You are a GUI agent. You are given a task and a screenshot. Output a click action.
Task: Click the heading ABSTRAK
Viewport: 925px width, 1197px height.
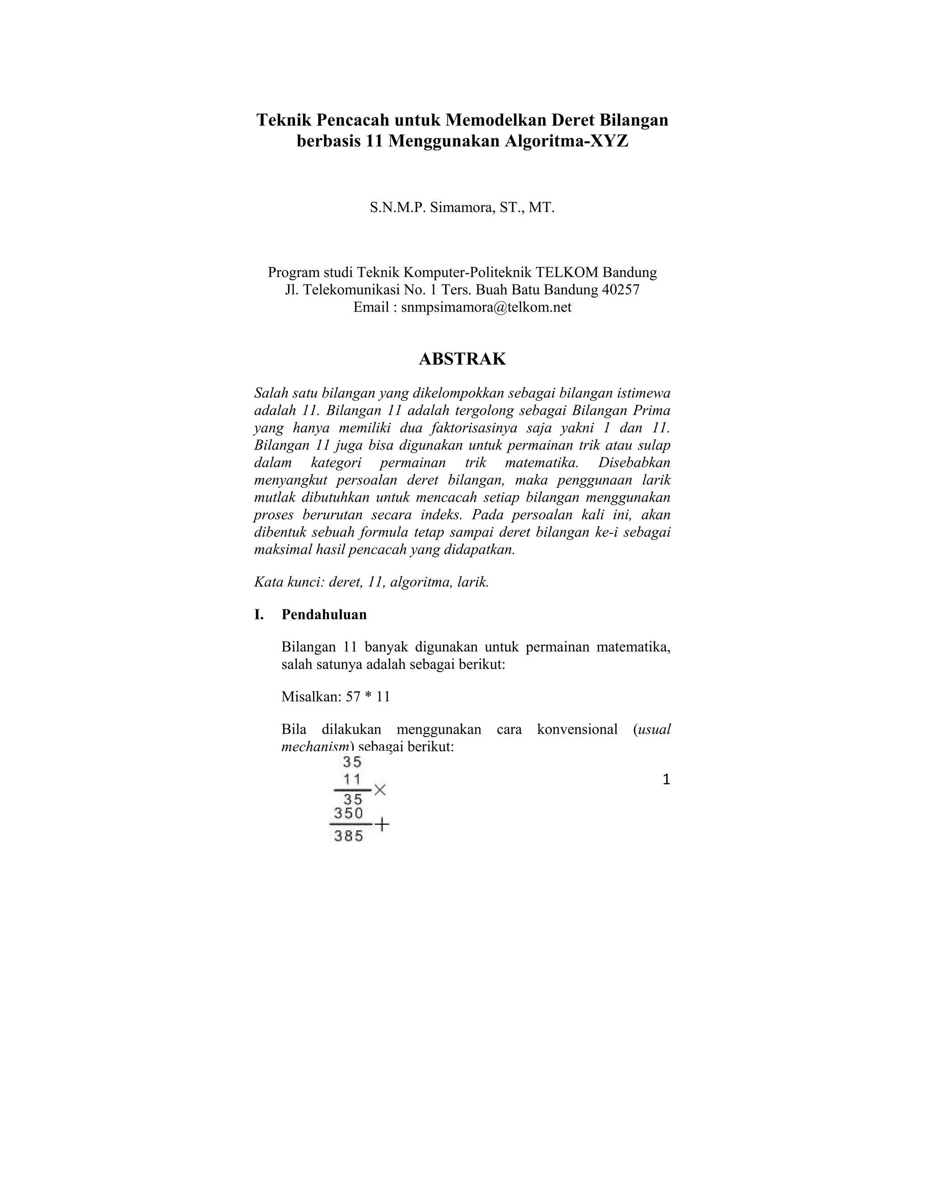(x=462, y=359)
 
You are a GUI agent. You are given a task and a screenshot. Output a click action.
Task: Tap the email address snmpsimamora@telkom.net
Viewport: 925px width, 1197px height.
(x=486, y=308)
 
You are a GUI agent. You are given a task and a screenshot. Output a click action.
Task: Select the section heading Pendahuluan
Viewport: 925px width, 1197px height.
(x=324, y=614)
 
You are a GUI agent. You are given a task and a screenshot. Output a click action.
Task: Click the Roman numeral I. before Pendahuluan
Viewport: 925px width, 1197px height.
(x=259, y=614)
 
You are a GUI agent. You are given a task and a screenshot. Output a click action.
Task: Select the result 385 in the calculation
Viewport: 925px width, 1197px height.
(x=349, y=837)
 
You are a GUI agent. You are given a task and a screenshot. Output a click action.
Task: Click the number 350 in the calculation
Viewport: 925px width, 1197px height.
(x=349, y=813)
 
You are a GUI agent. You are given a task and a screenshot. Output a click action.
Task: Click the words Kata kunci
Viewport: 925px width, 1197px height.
(x=290, y=582)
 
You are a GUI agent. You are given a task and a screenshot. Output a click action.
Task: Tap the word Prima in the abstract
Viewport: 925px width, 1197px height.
(x=651, y=411)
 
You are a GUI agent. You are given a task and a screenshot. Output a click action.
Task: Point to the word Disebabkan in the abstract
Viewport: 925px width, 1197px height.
(x=634, y=463)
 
